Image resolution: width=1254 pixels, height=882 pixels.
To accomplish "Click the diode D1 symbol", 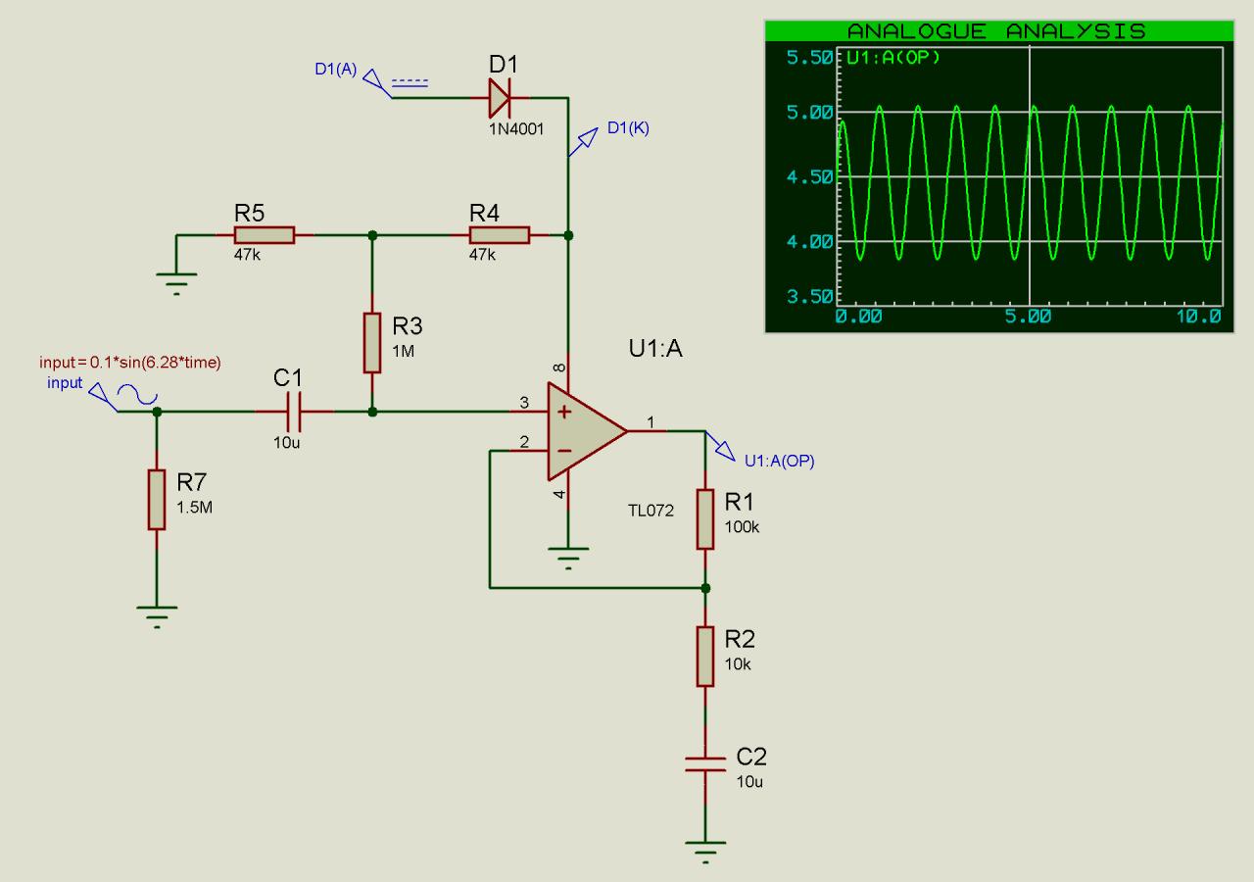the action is (500, 98).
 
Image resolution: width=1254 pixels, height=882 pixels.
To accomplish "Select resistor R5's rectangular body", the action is (265, 235).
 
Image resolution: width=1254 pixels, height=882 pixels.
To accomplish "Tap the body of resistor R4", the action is (500, 235).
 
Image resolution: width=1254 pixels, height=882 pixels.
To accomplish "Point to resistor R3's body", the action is (372, 343).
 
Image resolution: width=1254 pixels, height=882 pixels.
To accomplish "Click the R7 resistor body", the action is (157, 500).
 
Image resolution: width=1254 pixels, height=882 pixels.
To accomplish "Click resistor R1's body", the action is (705, 519).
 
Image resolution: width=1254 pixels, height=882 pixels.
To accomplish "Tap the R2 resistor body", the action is (705, 657).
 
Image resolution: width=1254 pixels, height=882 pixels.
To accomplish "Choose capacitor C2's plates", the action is (705, 764).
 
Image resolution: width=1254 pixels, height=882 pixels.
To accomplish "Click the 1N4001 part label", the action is (516, 129).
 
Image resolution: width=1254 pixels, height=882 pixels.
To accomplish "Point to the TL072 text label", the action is (651, 511).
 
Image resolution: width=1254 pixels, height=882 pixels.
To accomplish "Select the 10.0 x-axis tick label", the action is (1198, 317).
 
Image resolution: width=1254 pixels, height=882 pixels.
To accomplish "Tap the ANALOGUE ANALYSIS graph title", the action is (996, 31).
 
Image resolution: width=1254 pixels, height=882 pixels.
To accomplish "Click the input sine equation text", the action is (130, 363).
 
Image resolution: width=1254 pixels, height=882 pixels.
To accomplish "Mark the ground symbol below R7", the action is (157, 616).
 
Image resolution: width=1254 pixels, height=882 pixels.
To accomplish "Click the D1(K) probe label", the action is (628, 128).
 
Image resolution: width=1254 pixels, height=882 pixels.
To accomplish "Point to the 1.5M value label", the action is (194, 508).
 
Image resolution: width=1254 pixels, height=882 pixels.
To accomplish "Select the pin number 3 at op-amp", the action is (524, 402).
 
